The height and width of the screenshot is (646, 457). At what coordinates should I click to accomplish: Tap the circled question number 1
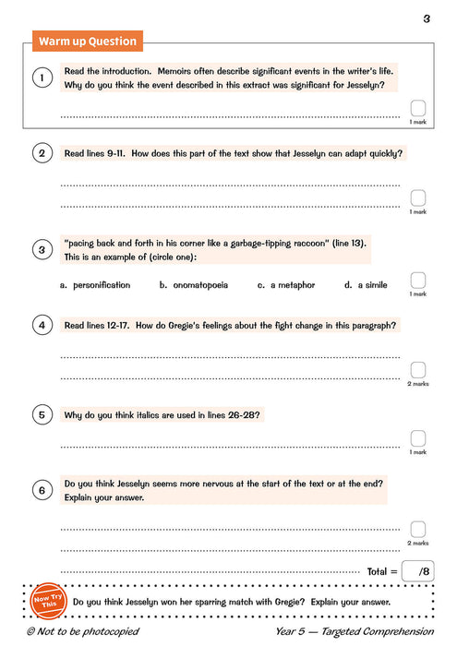[42, 78]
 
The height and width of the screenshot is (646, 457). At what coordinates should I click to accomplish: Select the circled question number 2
[42, 154]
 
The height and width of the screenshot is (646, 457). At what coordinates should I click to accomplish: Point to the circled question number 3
[42, 249]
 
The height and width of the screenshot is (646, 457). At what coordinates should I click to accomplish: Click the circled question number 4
[42, 325]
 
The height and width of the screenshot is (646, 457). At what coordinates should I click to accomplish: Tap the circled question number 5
[42, 415]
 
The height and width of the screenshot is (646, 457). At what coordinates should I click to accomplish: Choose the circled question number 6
[42, 490]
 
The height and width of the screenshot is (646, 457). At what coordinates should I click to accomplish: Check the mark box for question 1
[418, 108]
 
